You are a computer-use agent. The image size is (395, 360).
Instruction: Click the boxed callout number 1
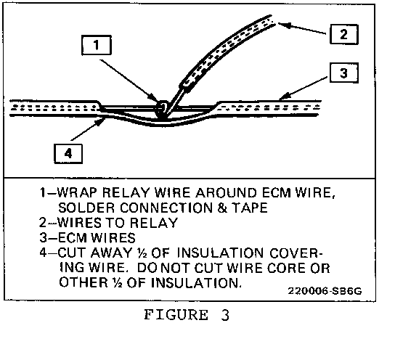pos(97,45)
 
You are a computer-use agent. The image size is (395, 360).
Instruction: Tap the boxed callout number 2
pos(344,34)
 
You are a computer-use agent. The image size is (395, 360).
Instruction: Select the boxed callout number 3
pos(344,73)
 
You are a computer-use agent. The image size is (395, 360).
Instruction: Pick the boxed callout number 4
pos(68,154)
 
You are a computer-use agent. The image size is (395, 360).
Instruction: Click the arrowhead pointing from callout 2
pos(284,25)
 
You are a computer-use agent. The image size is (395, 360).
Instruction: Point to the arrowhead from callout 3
pos(284,96)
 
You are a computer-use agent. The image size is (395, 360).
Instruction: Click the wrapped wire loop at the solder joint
pos(162,107)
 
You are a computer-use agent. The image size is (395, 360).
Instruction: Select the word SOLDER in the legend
pos(86,208)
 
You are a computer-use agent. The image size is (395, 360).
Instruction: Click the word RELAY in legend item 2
pos(154,223)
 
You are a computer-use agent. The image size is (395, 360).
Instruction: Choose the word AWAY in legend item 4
pos(111,253)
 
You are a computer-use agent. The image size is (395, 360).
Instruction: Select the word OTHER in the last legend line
pos(84,282)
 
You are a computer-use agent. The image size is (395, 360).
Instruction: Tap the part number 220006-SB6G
pos(325,291)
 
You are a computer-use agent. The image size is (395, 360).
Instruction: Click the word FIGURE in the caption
pos(176,315)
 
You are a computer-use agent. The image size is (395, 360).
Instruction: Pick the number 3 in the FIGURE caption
pos(225,315)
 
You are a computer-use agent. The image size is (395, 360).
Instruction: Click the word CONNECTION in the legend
pos(166,208)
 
